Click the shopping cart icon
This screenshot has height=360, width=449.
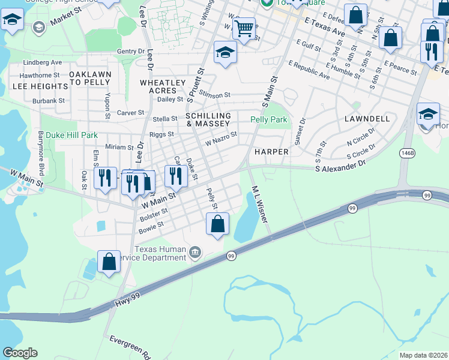(243, 28)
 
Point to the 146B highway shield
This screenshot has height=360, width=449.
(408, 153)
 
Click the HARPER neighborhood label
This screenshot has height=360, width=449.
(271, 152)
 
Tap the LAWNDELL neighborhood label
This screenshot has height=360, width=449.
(368, 119)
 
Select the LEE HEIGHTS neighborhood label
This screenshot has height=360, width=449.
(33, 86)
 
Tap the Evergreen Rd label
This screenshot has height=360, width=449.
(129, 347)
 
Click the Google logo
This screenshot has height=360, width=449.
(20, 353)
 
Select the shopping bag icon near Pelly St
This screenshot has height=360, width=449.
(217, 224)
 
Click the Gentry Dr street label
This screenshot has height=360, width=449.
(131, 52)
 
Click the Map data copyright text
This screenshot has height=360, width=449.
(423, 355)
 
